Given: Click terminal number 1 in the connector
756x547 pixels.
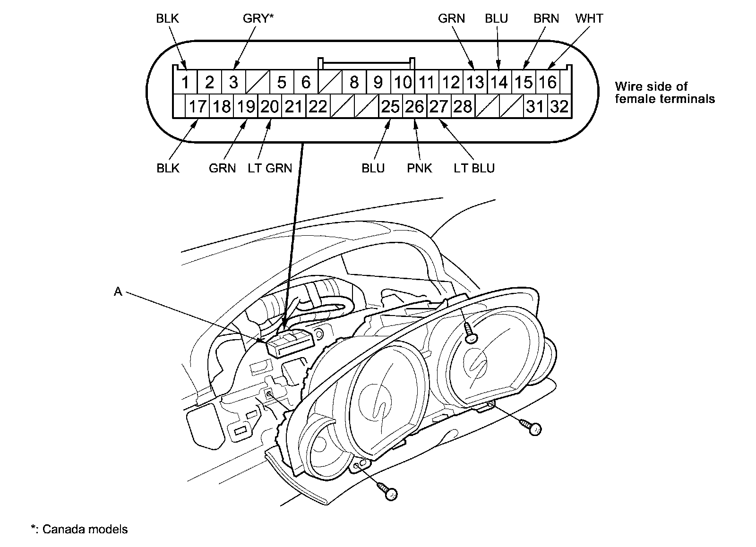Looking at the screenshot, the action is (185, 82).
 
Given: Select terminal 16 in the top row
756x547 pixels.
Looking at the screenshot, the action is (548, 82).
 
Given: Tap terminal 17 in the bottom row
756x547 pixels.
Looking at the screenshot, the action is (198, 106).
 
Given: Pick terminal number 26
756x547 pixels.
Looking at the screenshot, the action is (415, 106).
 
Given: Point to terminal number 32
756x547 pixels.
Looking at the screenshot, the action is (559, 106).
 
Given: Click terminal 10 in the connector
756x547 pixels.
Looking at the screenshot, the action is (403, 82).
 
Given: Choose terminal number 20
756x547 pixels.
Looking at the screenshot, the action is (270, 106).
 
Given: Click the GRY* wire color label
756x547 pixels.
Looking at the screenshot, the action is (258, 18).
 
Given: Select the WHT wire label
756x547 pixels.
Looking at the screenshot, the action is (589, 18).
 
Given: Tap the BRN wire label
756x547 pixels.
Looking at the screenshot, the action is (546, 18).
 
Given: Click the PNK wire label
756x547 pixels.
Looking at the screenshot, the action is (420, 168).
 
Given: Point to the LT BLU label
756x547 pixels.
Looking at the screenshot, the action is (474, 168).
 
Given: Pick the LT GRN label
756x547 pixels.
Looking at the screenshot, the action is (270, 168).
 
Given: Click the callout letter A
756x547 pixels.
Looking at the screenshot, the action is (118, 291).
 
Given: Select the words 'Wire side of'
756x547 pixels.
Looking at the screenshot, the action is (651, 86).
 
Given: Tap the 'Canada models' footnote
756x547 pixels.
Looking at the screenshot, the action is (85, 529).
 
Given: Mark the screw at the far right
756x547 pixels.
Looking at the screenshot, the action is (531, 427).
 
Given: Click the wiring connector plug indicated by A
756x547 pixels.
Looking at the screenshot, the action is (290, 343).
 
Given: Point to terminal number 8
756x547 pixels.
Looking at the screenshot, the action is (354, 82).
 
